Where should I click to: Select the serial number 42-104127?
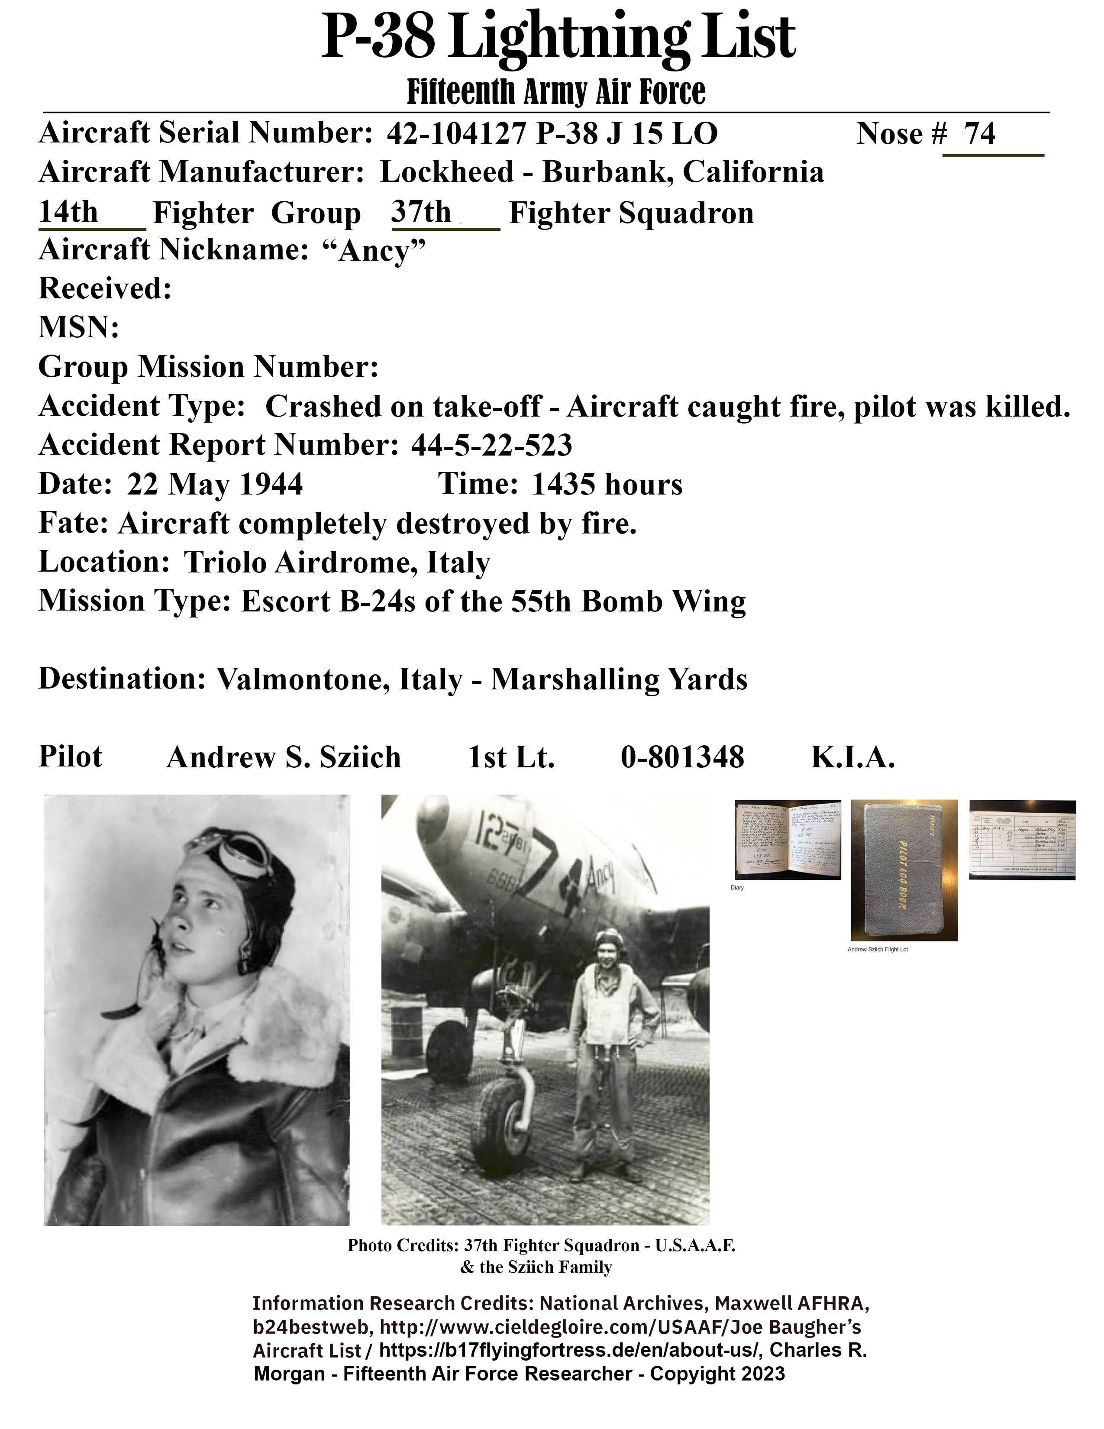(456, 134)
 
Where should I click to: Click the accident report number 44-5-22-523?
(491, 446)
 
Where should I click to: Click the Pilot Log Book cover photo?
(904, 870)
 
